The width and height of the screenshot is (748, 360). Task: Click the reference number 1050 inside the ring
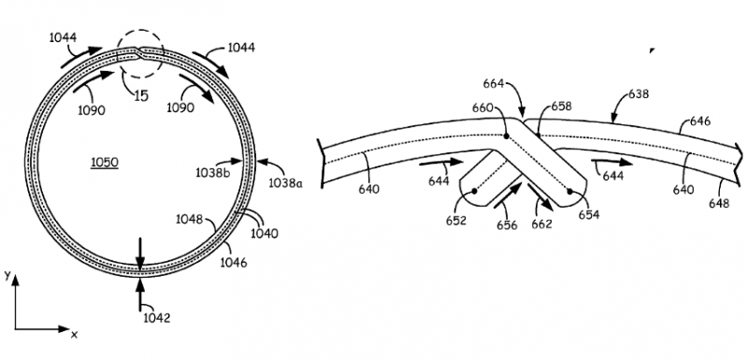105,163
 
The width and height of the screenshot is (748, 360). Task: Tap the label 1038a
285,182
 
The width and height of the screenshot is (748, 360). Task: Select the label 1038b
213,173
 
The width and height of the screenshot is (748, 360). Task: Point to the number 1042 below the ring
157,318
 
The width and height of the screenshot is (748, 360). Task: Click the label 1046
233,262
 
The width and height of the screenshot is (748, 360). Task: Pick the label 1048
190,220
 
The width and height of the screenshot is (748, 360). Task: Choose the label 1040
264,233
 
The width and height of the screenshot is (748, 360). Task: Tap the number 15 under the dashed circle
141,95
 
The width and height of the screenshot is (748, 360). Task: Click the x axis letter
74,335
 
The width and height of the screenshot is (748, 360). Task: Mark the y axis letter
7,275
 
